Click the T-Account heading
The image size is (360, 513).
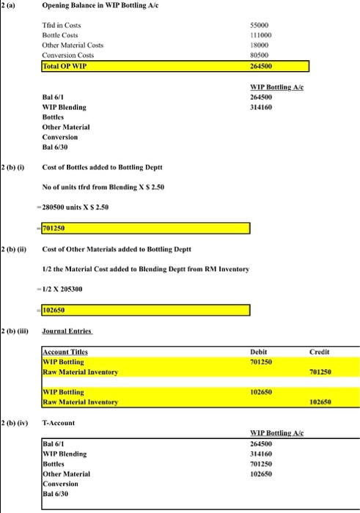click(x=57, y=422)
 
